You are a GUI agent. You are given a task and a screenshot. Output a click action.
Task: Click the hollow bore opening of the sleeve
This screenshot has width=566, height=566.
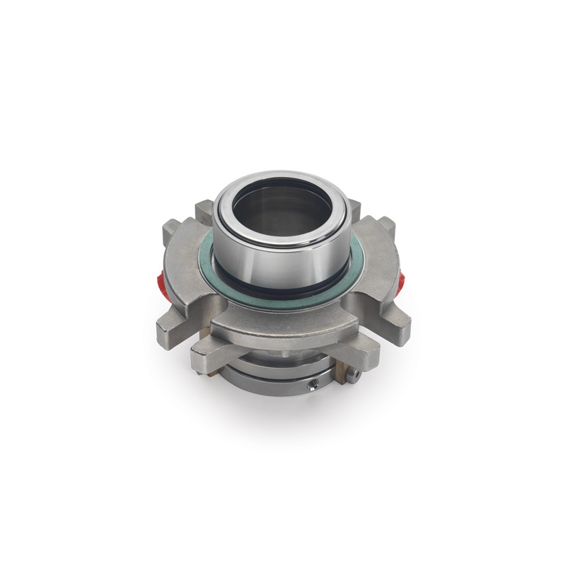tap(283, 209)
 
